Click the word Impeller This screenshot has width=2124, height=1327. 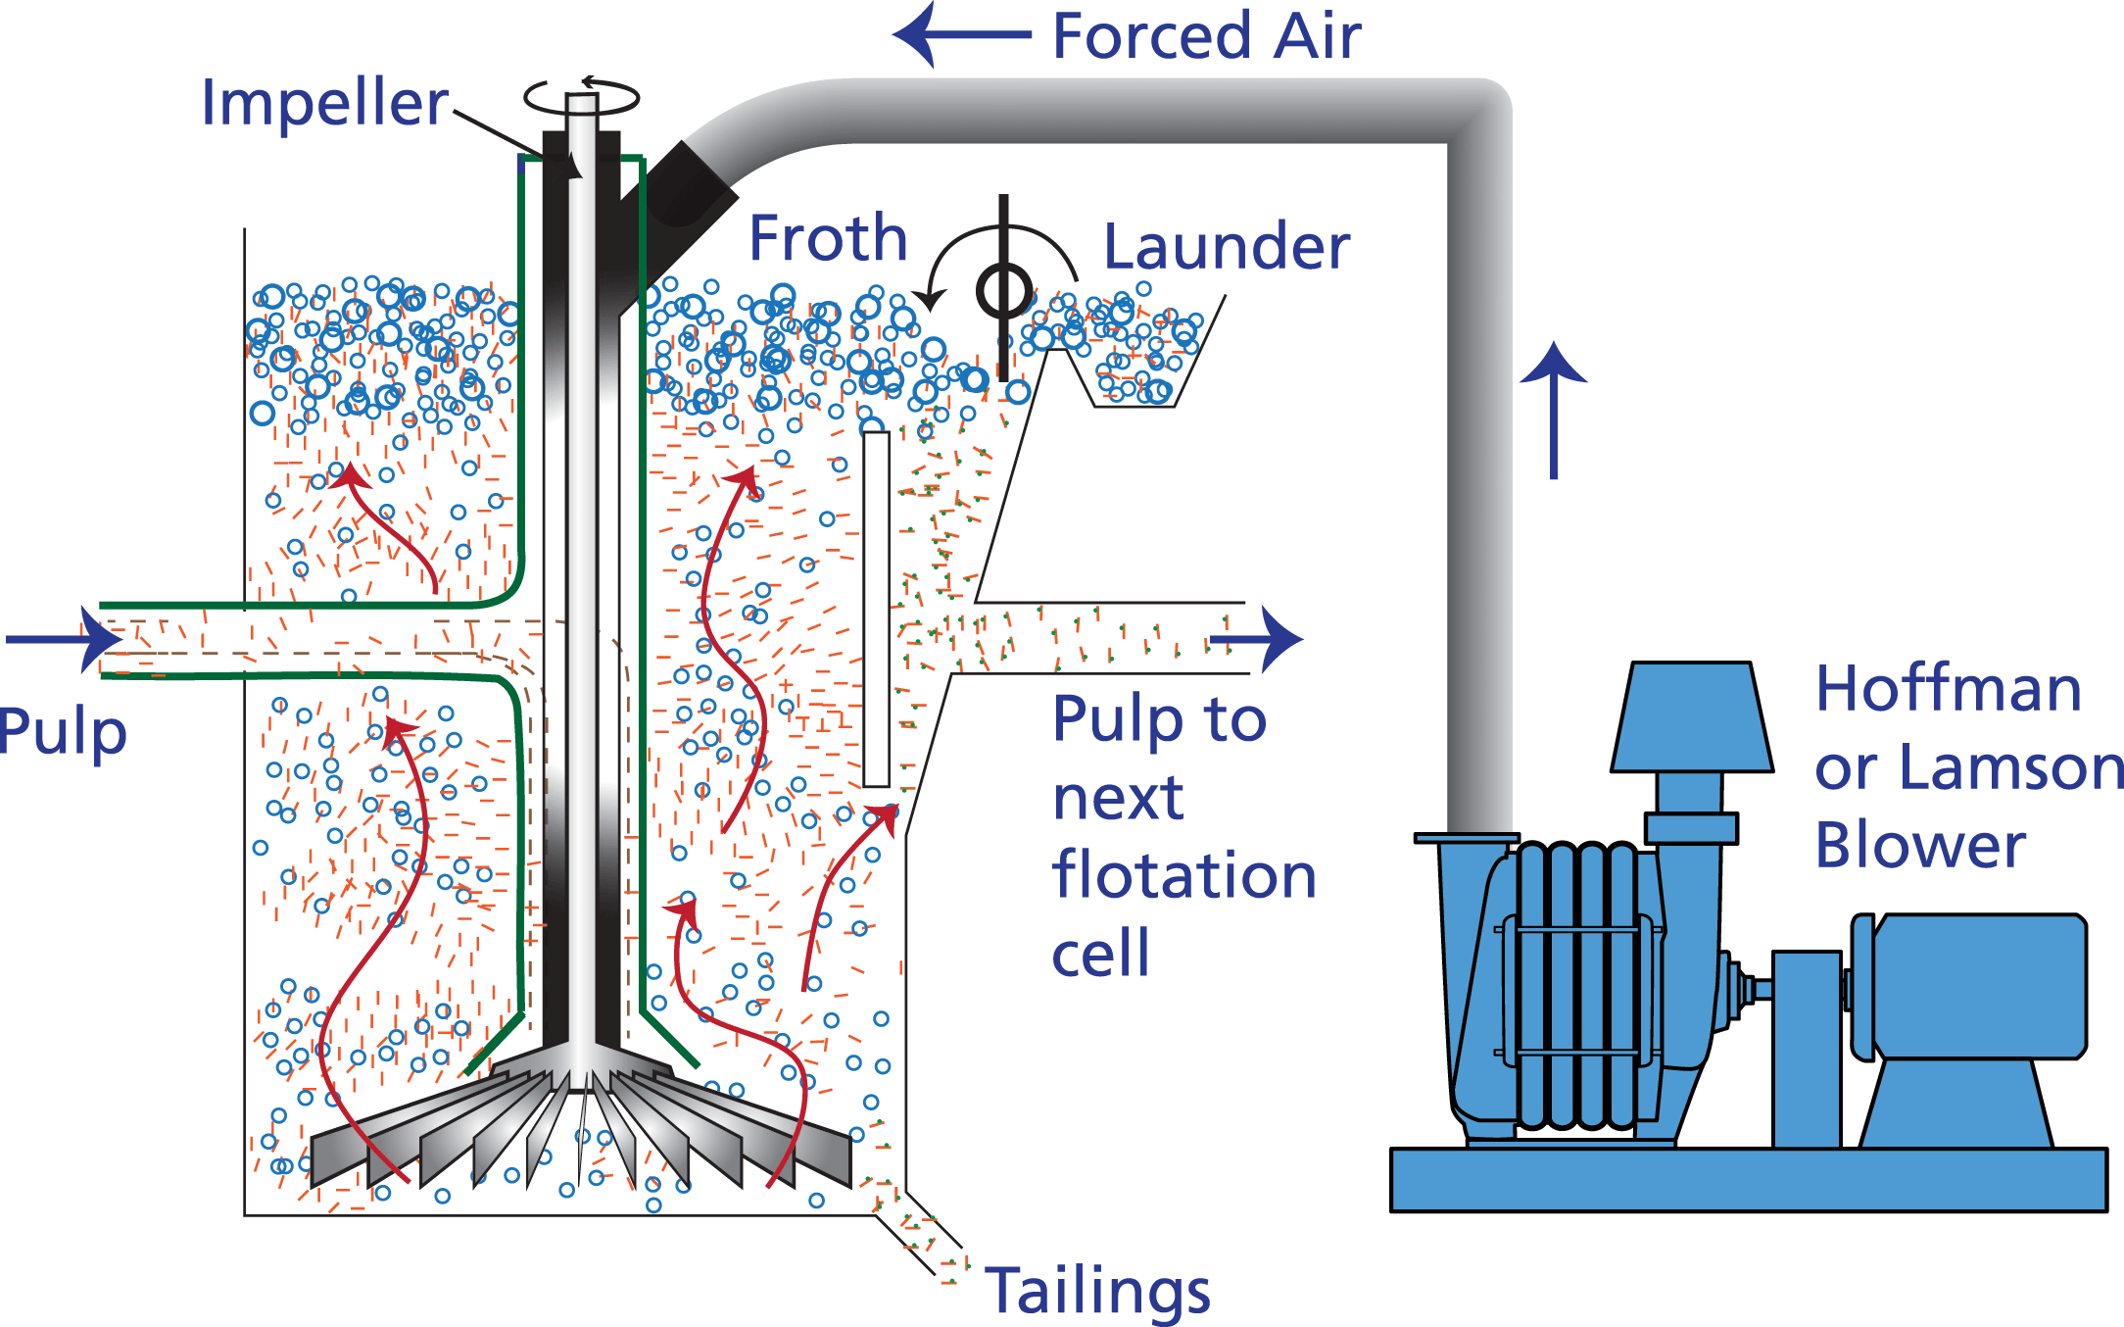(323, 103)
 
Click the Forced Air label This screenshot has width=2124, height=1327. (1207, 37)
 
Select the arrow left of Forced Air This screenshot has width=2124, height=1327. (961, 35)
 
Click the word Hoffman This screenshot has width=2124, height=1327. (1949, 689)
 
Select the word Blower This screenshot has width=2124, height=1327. (1920, 845)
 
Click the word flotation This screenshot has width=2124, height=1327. (1183, 875)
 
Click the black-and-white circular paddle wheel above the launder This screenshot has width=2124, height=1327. (1004, 291)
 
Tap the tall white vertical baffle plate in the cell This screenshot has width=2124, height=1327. (876, 609)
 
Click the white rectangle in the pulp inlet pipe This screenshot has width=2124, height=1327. (298, 641)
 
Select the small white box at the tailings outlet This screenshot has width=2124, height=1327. (956, 1275)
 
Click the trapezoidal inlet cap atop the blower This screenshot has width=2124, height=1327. (1692, 717)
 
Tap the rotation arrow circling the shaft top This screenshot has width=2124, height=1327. (582, 95)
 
